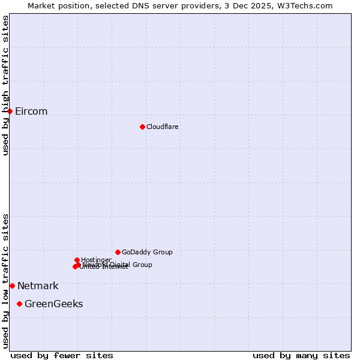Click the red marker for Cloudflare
coord(142,127)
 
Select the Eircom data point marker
coord(10,111)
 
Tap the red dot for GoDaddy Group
coord(118,252)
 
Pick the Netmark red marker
coord(12,286)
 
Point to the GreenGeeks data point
coord(20,304)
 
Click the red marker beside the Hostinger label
coord(77,260)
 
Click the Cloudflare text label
coord(163,127)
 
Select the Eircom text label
coord(31,112)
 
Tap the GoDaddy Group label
coord(147,252)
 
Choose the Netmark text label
coord(38,286)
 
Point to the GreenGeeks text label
coord(54,304)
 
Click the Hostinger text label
coord(96,260)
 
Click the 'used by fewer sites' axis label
coord(62,355)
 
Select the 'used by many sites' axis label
coord(301,355)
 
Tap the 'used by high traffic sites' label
coord(5,85)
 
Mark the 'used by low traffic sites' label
coord(5,280)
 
